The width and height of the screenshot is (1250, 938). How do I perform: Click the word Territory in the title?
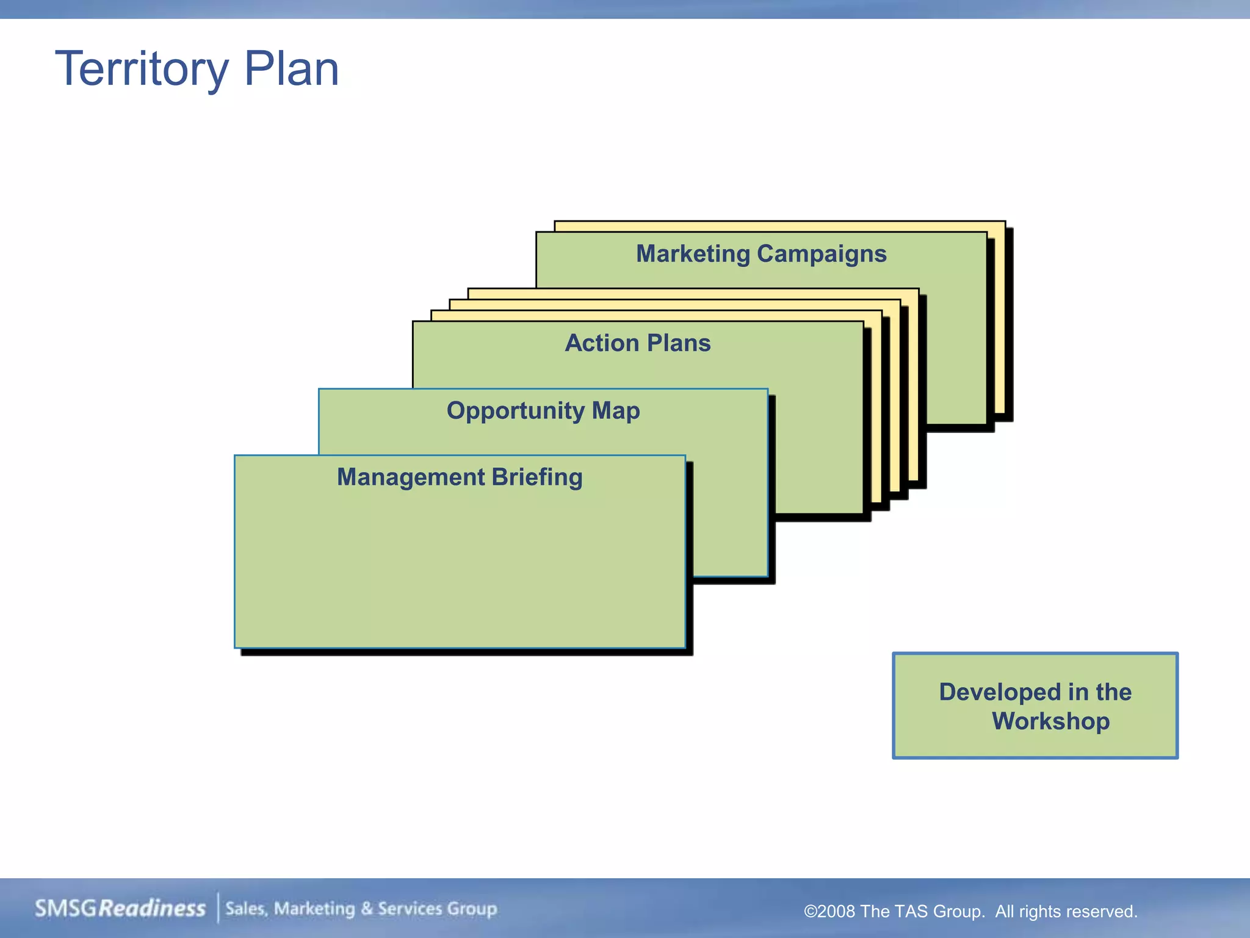[x=142, y=69]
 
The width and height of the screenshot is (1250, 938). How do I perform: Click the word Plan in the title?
[x=291, y=69]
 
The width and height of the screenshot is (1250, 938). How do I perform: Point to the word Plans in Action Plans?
[x=679, y=343]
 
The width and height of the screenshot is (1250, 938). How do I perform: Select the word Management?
[x=411, y=477]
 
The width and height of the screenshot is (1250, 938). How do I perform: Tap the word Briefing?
[x=537, y=477]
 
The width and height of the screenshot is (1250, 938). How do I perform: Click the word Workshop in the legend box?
[x=1050, y=721]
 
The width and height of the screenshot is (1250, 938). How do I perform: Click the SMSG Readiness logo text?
[x=120, y=908]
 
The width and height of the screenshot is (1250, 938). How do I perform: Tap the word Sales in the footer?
[x=246, y=909]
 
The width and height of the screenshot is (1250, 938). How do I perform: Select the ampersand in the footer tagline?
[x=366, y=909]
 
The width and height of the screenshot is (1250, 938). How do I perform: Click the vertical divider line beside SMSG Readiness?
[x=218, y=908]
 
